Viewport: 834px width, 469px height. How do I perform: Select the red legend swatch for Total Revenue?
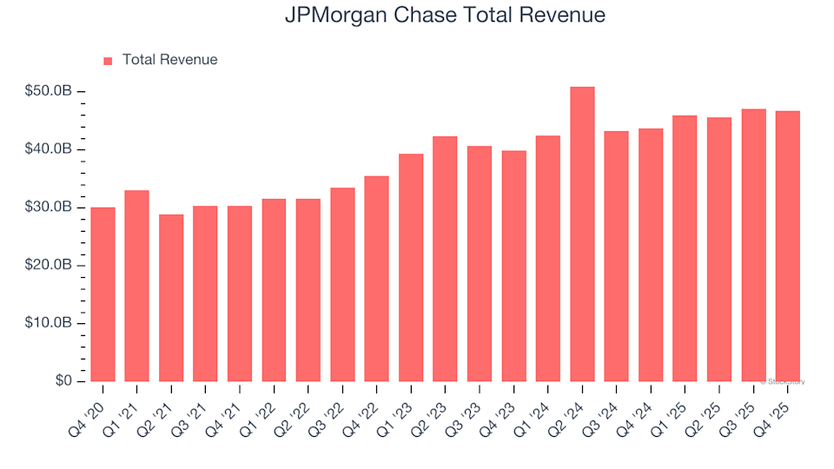[x=108, y=61]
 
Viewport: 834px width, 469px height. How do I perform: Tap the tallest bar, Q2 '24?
[x=582, y=234]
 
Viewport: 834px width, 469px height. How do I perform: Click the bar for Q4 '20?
[x=103, y=294]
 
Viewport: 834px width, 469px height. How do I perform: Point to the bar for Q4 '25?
[x=787, y=247]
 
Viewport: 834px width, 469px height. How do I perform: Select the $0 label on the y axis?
[x=63, y=381]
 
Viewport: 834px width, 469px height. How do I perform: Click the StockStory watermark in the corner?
[x=784, y=381]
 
